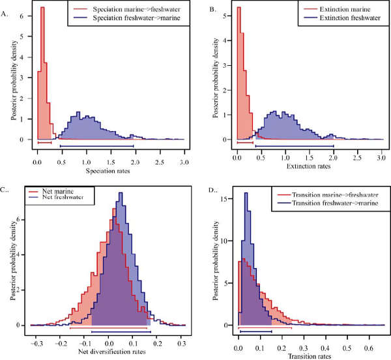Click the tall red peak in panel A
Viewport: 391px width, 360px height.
point(42,10)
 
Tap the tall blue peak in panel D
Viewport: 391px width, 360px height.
point(246,194)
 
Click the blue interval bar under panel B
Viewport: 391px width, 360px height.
point(294,146)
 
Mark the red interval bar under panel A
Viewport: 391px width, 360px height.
point(44,142)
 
